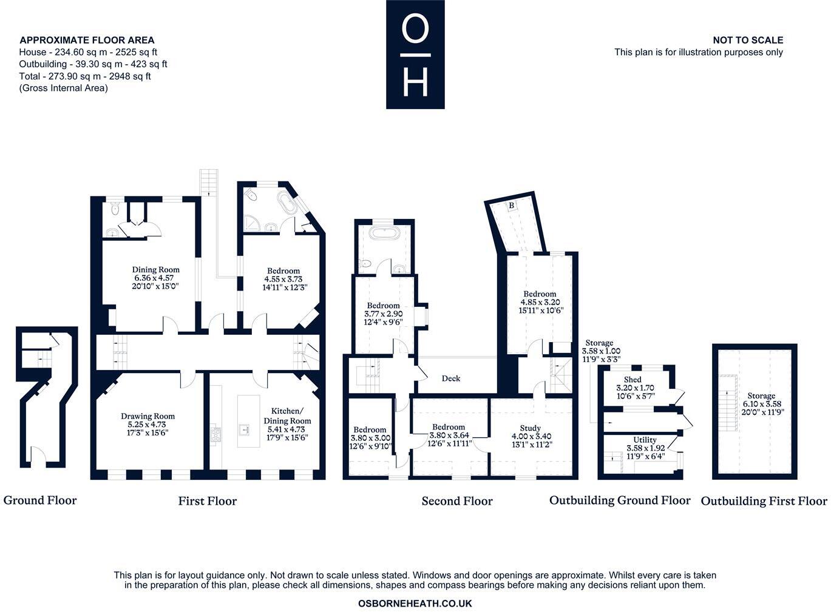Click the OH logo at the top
[x=415, y=55]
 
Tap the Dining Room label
[x=156, y=270]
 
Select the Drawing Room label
[x=148, y=416]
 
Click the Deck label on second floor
[x=451, y=378]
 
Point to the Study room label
[x=530, y=428]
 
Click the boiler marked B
[x=512, y=206]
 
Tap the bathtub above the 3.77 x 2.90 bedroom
[x=384, y=234]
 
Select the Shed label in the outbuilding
[x=633, y=380]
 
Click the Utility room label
[x=645, y=440]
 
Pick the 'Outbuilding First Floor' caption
[x=764, y=501]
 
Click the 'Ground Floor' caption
[x=40, y=500]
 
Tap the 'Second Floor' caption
[x=457, y=501]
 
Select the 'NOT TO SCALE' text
[x=748, y=40]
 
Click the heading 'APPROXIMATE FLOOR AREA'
[x=87, y=41]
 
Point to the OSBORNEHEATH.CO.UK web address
[x=415, y=604]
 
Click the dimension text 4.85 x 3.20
[x=540, y=302]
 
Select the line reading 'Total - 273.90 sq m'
[x=85, y=76]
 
